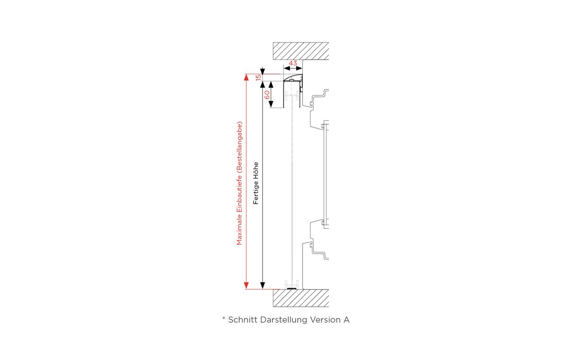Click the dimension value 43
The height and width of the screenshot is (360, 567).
point(293,63)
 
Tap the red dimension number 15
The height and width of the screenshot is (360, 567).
point(258,77)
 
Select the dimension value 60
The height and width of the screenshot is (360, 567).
point(267,95)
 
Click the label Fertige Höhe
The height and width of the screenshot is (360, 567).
point(256,183)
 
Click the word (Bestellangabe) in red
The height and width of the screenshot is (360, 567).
point(240,147)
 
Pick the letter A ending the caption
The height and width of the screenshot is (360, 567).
point(346,320)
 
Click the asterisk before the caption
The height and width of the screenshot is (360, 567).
point(224,318)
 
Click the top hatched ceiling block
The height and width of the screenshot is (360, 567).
point(301,51)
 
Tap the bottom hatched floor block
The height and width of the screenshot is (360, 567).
point(301,298)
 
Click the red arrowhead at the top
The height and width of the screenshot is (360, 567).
point(246,77)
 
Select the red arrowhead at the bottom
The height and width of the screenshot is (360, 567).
point(246,285)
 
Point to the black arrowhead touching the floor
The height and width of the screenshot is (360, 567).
point(263,285)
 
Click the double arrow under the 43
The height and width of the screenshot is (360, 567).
point(293,68)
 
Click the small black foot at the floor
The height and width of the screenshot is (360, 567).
point(292,288)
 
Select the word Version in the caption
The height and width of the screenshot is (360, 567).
point(326,320)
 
